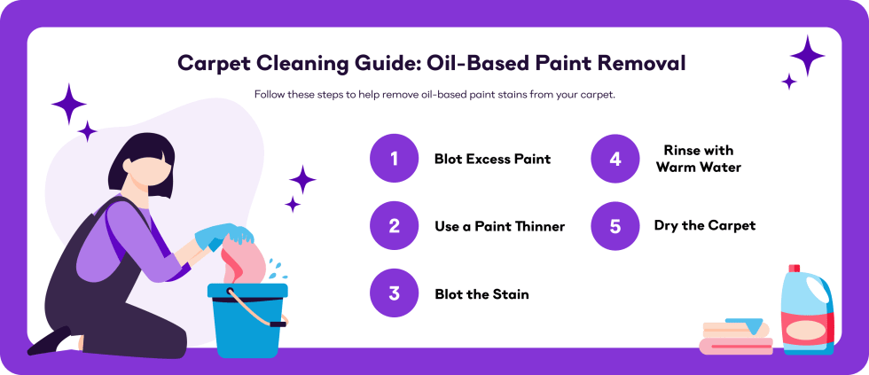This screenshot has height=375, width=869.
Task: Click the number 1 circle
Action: coord(394,159)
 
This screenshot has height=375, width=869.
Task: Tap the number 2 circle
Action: coord(394,226)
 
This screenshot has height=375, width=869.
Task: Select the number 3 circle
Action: coord(394,293)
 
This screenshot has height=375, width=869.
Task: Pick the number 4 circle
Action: coord(615,159)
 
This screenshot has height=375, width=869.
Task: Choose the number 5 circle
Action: coord(615,226)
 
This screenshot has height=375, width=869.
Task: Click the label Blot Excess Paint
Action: coord(492,160)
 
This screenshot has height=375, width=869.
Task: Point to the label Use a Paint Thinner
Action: coord(499,227)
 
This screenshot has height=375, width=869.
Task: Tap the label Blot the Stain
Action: coord(481,294)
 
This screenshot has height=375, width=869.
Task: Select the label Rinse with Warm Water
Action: coord(699,159)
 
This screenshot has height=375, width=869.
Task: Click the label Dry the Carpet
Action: coord(705,226)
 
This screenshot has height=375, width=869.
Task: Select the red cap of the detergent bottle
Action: coord(794,269)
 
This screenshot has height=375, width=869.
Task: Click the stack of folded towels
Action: coord(735,338)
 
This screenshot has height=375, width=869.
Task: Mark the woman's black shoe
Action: coord(49,340)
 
